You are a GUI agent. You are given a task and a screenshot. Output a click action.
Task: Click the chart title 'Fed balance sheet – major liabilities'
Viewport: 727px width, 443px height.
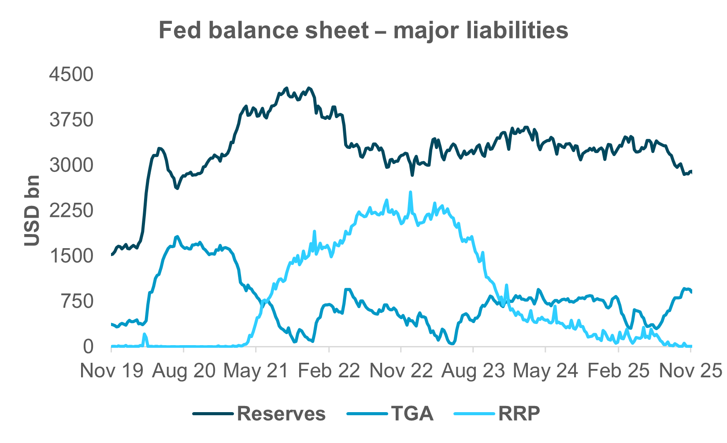point(363,31)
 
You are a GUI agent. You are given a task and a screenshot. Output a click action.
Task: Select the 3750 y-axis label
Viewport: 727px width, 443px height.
point(71,120)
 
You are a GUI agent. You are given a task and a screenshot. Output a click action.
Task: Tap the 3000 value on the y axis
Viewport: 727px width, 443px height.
point(71,165)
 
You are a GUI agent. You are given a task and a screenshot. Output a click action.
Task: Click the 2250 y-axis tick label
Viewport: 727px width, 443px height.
point(71,211)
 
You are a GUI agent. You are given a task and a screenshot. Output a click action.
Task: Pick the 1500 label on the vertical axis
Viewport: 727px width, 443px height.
point(71,256)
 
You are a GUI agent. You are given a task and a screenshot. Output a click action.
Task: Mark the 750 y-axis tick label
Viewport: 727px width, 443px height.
point(78,302)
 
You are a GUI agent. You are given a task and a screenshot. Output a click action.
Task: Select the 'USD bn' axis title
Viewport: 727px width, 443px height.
point(32,211)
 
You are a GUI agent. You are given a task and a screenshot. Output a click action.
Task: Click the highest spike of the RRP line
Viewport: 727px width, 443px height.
point(411,192)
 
